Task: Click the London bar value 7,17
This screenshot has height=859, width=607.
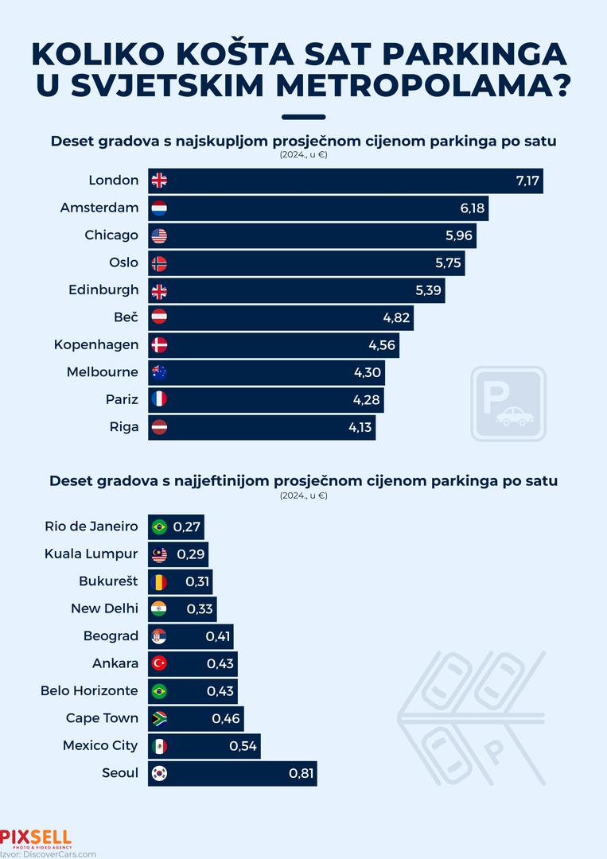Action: coord(527,181)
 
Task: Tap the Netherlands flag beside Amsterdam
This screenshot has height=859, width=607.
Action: coord(159,208)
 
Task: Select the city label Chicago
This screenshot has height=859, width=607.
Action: coord(111,235)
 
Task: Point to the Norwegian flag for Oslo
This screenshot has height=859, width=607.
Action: coord(159,263)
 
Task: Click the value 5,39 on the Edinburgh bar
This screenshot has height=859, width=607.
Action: coord(428,290)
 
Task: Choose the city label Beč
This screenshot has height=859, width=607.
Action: coord(126,317)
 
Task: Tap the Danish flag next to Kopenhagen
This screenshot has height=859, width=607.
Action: coord(159,345)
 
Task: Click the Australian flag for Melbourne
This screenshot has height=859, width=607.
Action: coord(159,372)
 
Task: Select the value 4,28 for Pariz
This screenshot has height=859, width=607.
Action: coord(368,399)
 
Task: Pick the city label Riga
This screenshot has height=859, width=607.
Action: coord(123,427)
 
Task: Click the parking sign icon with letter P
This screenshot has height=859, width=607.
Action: coord(508,403)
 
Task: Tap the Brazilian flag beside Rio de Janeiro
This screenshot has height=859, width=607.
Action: coord(159,527)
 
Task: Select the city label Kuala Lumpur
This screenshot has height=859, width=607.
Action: coord(91,554)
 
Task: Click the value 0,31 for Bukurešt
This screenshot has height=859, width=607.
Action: coord(197,581)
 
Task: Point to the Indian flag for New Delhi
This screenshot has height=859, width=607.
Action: coord(159,609)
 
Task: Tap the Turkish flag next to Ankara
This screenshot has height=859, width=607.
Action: coord(159,663)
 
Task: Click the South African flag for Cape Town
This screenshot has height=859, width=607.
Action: coord(159,718)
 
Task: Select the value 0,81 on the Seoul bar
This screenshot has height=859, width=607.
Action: coord(302,773)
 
